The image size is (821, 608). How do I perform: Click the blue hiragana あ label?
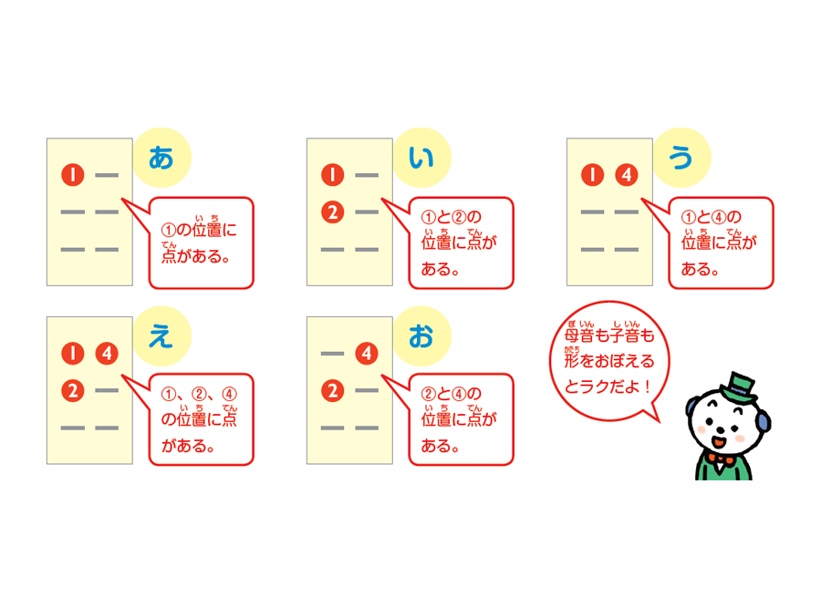point(161,158)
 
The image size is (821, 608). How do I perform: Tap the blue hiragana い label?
point(421,158)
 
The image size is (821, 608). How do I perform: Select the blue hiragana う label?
point(681,158)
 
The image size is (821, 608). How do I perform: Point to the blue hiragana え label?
point(161,336)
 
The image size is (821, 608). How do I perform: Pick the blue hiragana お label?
point(421,336)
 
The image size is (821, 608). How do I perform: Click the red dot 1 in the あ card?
point(73,175)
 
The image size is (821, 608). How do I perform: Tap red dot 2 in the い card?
point(332,212)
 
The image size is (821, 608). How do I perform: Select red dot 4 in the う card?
point(626,175)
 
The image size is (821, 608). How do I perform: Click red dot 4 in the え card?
point(107,353)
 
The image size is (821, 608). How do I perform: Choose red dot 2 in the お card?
point(332,391)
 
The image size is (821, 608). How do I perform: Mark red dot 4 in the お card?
point(367,353)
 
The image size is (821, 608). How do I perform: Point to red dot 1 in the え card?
point(73,353)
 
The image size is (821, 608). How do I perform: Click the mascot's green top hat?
point(738,387)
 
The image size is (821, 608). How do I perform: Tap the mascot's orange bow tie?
point(721,459)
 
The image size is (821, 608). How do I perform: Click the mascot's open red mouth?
point(719,442)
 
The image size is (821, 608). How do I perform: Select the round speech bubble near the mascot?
point(609,361)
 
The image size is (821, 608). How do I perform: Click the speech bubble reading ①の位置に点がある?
point(201,242)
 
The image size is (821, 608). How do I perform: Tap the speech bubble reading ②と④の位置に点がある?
point(461,419)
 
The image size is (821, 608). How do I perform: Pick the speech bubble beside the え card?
point(201,419)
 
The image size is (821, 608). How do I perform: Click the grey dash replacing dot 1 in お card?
point(332,354)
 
